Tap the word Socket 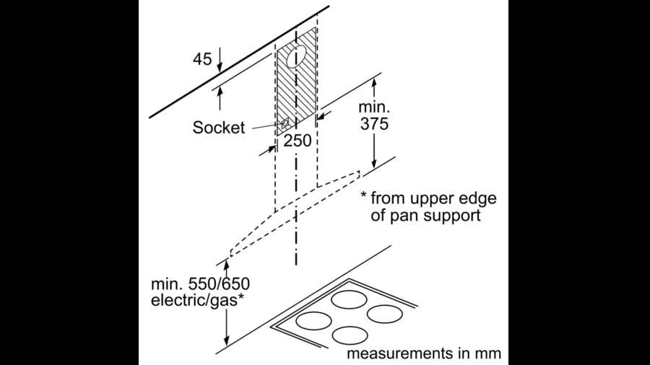[218, 128]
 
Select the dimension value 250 [297, 141]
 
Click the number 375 [373, 123]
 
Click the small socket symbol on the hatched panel [286, 124]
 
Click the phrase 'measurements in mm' [423, 354]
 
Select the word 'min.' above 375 [373, 106]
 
